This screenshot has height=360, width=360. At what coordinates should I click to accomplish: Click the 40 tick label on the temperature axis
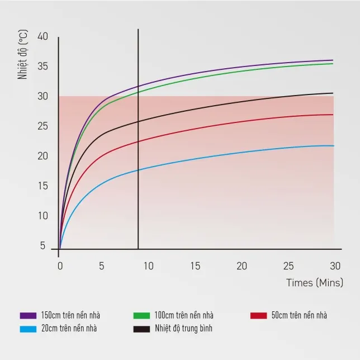coord(42,36)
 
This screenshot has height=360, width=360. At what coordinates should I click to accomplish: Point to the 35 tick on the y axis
coord(42,67)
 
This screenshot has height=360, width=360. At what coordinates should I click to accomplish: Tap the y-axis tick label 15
coord(43,186)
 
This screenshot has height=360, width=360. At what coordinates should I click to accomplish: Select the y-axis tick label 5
coord(42,245)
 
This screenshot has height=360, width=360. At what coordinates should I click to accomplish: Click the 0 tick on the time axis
coord(60,266)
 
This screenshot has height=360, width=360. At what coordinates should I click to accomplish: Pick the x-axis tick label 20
coord(241,266)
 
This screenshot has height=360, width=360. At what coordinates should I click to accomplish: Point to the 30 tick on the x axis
coord(335,266)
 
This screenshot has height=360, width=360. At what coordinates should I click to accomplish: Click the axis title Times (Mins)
coord(315,283)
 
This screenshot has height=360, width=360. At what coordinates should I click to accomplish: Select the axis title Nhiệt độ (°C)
coord(22,54)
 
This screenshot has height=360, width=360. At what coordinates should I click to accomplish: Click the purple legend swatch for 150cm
coord(28,315)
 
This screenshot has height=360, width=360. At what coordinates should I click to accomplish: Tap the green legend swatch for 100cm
coord(141,315)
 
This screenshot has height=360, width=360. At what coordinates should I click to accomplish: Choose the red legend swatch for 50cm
coord(259,315)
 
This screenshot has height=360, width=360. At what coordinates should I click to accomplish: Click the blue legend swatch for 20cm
coord(28,329)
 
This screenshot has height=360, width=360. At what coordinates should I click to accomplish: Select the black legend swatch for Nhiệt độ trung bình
coord(141,329)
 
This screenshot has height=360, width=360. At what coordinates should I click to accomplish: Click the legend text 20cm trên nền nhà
coord(69,329)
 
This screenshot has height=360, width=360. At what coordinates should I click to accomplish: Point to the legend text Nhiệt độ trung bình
coord(183,329)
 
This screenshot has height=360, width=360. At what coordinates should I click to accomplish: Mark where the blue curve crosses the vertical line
coord(138,170)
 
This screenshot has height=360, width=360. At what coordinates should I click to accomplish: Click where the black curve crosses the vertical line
coord(138,122)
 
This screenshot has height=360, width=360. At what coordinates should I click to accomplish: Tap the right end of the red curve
coord(333,115)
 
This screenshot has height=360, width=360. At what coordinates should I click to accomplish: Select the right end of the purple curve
coord(333,60)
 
